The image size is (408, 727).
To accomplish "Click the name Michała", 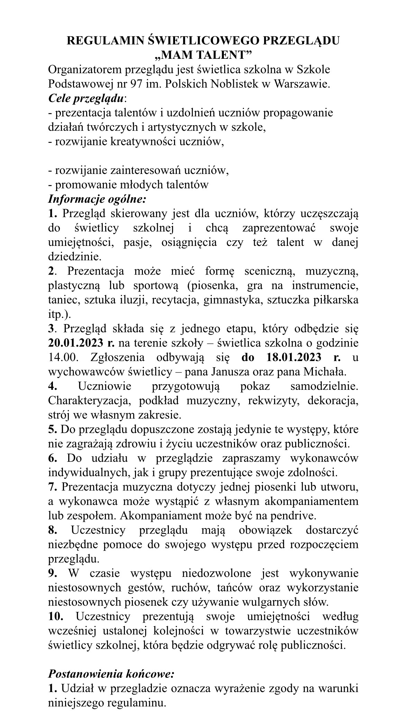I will point(325,372).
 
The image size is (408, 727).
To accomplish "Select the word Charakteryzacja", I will point(89,401).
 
